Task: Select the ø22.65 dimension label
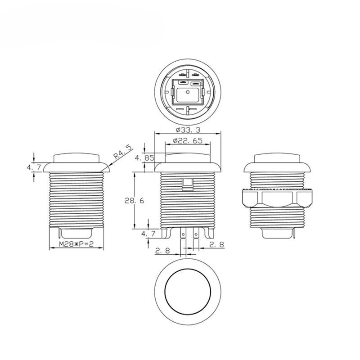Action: coord(188,141)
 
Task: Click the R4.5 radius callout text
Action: coord(122,152)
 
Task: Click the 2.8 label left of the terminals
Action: coord(162,251)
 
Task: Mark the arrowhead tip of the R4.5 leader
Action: coord(104,170)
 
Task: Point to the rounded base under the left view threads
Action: coord(76,233)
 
